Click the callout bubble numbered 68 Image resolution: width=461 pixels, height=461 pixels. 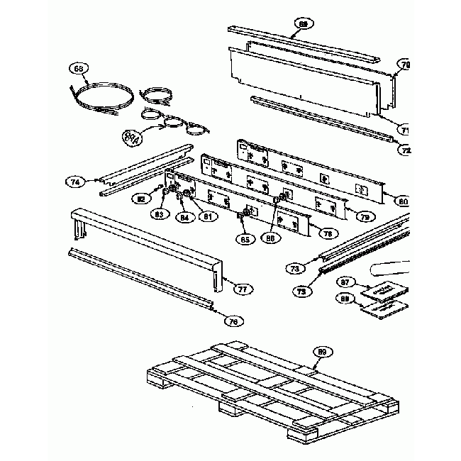tap(79, 69)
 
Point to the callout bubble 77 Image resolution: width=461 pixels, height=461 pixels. tap(243, 289)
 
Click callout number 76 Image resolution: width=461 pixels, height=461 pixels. tap(232, 321)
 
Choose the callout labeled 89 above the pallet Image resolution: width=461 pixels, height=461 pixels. tap(322, 352)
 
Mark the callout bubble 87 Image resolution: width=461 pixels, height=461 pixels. tap(346, 282)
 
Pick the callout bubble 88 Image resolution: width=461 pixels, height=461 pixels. tap(346, 301)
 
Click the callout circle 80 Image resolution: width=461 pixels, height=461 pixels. tap(402, 201)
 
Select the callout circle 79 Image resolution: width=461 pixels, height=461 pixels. tap(365, 216)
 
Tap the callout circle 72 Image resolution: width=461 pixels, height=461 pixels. tap(406, 150)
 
